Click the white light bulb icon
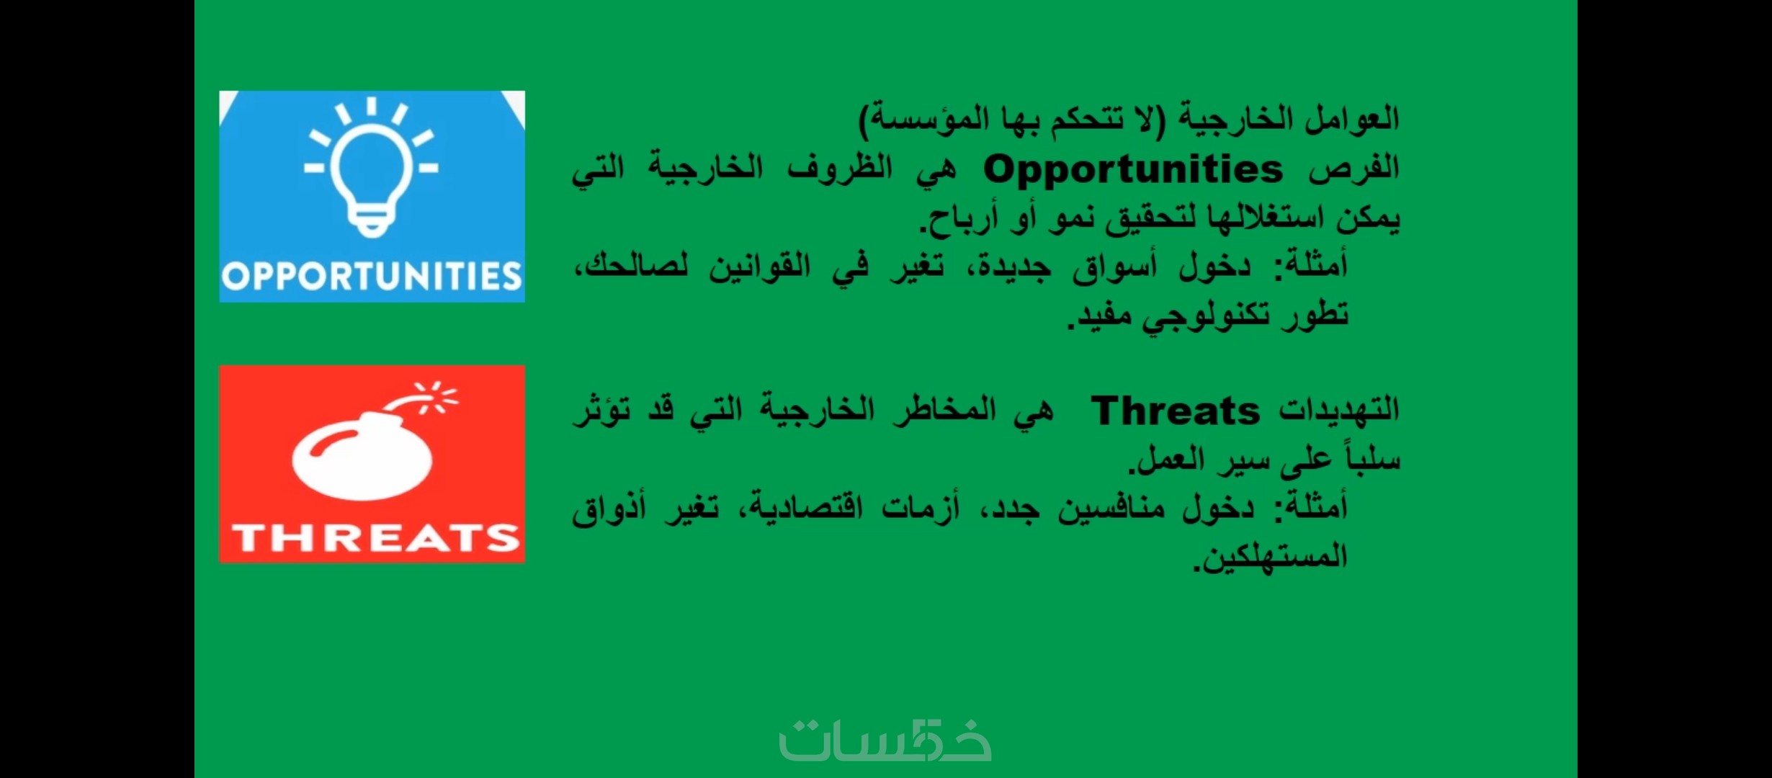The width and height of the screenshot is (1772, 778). coord(371,167)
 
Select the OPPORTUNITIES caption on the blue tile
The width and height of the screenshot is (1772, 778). coord(372,277)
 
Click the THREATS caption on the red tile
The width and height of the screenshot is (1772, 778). coord(375,537)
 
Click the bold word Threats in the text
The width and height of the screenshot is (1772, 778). coord(1176,411)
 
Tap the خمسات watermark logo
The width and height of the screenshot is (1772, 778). coord(885,740)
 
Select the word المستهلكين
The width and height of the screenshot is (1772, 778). coord(1271,557)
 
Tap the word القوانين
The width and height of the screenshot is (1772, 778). coord(760,267)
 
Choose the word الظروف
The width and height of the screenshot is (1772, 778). coord(840,169)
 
